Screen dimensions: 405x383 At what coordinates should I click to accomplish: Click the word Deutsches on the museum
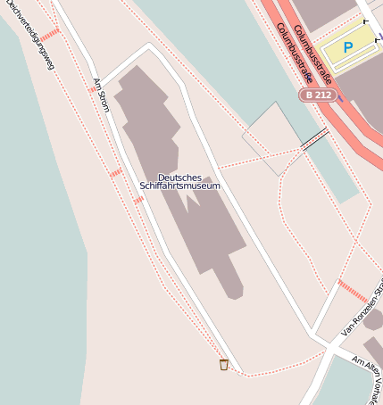(x=179, y=177)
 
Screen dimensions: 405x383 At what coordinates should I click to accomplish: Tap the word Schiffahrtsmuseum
(x=179, y=186)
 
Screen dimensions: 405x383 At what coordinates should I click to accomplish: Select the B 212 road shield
(x=317, y=94)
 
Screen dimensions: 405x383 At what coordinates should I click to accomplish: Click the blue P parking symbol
(x=347, y=47)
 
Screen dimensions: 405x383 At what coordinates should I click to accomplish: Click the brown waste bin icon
(x=224, y=364)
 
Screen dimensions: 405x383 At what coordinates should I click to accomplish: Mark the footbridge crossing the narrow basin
(x=314, y=138)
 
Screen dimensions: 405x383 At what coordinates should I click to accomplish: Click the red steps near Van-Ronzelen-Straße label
(x=352, y=290)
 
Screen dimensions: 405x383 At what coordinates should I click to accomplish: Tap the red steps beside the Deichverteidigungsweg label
(x=50, y=34)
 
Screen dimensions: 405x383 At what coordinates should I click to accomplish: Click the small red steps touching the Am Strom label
(x=92, y=88)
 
